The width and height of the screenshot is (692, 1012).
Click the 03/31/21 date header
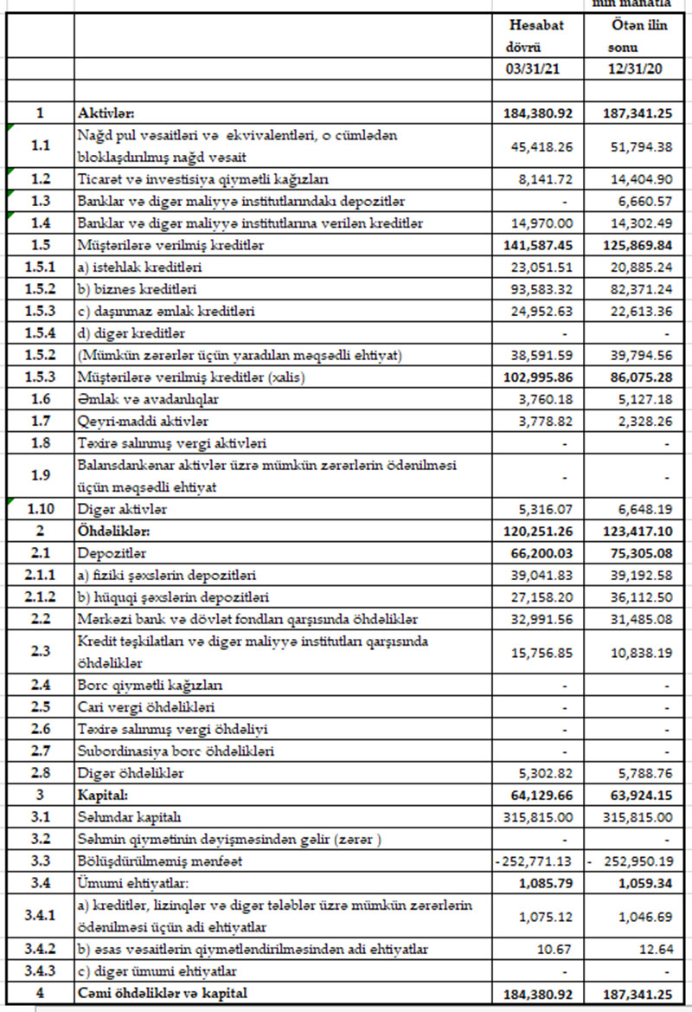(x=536, y=69)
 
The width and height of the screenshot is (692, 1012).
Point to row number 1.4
(x=40, y=223)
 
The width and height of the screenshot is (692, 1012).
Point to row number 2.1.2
(x=40, y=597)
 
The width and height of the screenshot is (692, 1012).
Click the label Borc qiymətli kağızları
(x=151, y=685)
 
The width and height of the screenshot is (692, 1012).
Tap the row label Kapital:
(x=101, y=794)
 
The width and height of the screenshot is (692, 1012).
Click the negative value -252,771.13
(x=536, y=860)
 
